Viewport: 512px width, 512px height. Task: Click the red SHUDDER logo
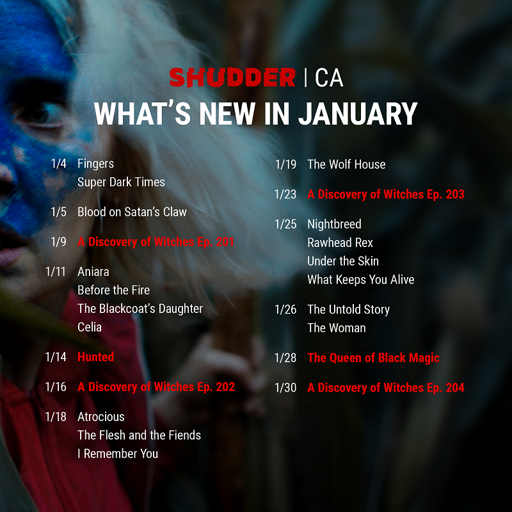pos(232,77)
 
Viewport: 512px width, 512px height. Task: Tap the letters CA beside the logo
pos(329,77)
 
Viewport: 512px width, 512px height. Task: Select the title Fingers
pos(95,164)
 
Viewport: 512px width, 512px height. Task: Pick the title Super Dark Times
pos(121,182)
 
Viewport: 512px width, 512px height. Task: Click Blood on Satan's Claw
pos(132,212)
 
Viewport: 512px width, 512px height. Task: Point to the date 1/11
pos(56,271)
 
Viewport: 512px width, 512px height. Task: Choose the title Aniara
pos(94,271)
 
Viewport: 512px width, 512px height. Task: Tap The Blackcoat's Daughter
pos(140,308)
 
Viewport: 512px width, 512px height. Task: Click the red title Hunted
pos(95,357)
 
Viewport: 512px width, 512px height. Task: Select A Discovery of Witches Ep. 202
pos(156,387)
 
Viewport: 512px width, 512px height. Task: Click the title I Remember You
pos(118,454)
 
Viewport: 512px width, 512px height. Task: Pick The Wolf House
pos(346,164)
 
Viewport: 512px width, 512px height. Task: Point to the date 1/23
pos(285,194)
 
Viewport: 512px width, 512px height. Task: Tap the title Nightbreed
pos(334,224)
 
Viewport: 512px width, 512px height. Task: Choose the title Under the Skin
pos(343,261)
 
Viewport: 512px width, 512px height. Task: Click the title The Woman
pos(337,328)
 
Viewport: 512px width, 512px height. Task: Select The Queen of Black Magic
pos(373,358)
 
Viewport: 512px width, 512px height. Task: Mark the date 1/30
pos(285,387)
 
